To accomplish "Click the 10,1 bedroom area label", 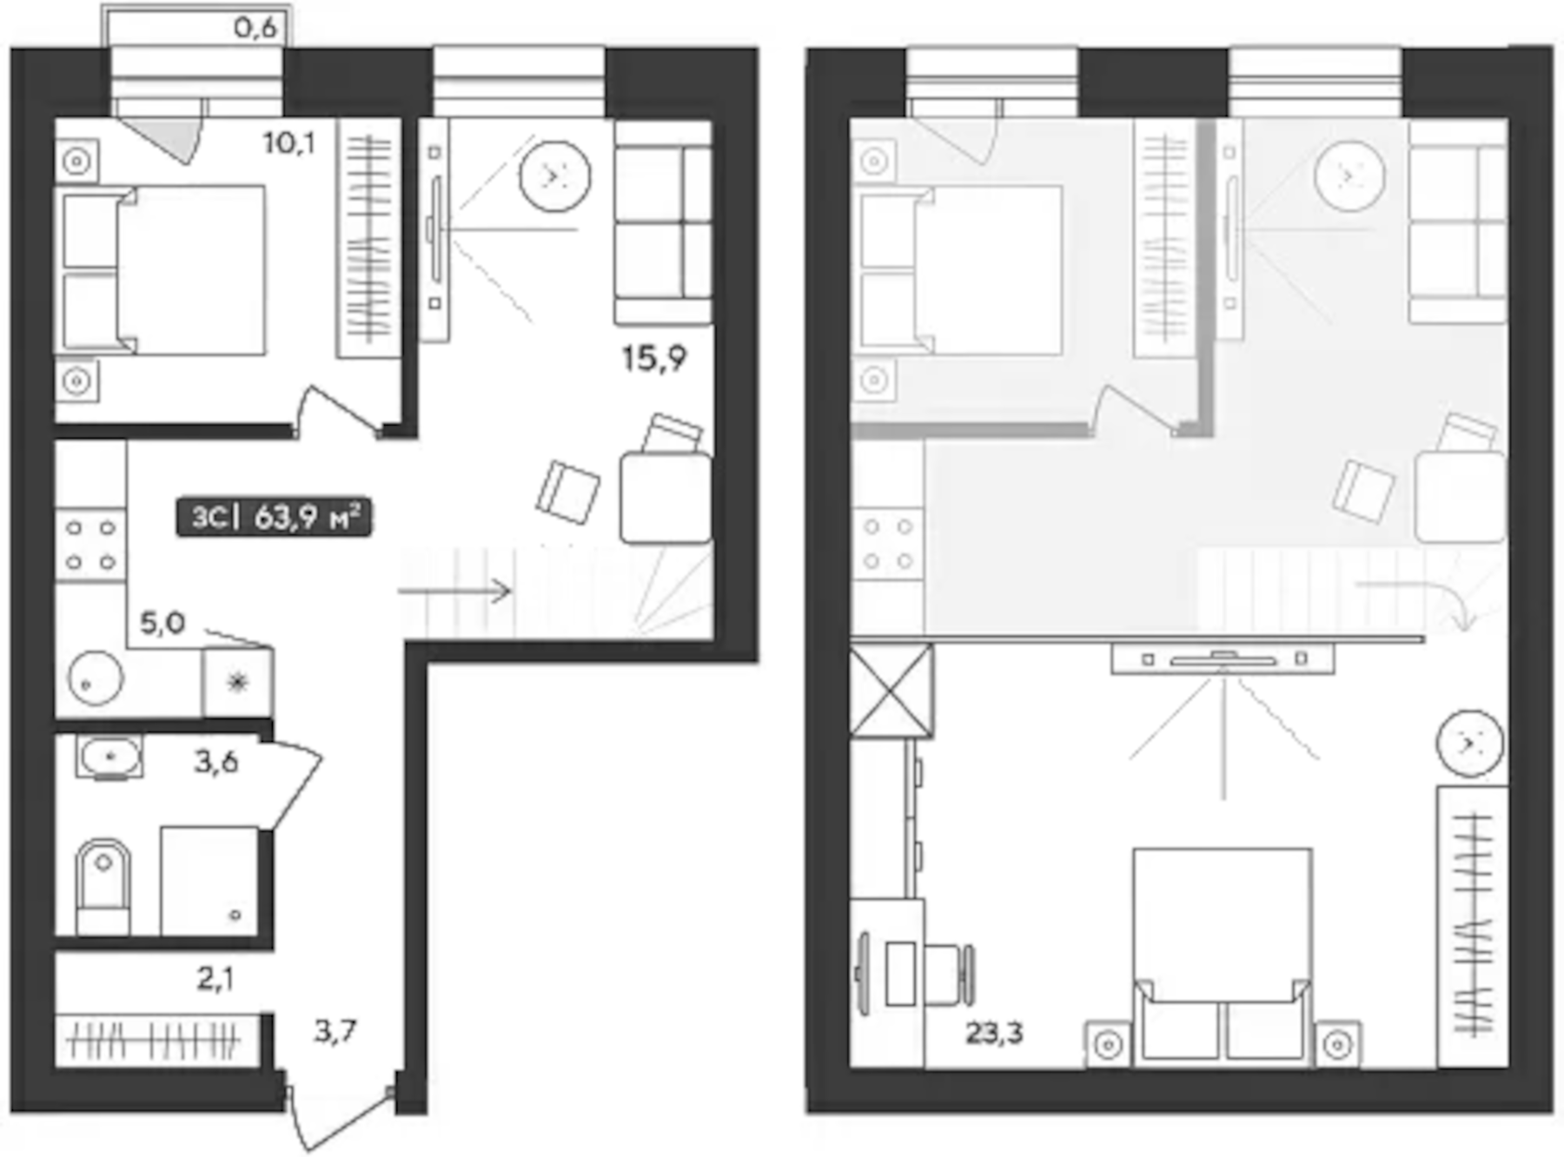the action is click(x=289, y=142).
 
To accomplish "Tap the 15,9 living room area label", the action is click(x=654, y=358).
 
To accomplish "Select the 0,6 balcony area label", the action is click(x=255, y=28).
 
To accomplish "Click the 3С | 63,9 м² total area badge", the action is click(x=275, y=518).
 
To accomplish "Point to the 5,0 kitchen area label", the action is click(x=162, y=623).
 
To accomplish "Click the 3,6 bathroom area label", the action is click(x=215, y=762).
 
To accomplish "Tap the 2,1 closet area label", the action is click(x=215, y=979).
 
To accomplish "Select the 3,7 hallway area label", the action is click(x=335, y=1031).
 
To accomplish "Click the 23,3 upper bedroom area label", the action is click(x=994, y=1033).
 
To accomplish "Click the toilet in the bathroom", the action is click(x=103, y=886).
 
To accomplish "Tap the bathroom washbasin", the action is click(x=109, y=757).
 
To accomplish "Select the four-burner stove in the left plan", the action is click(x=90, y=545).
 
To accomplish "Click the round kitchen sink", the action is click(x=95, y=678).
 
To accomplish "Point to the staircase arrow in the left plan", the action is click(x=454, y=592).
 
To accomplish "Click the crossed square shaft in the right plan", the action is click(x=891, y=691).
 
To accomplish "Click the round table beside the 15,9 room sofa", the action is click(x=554, y=176).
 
